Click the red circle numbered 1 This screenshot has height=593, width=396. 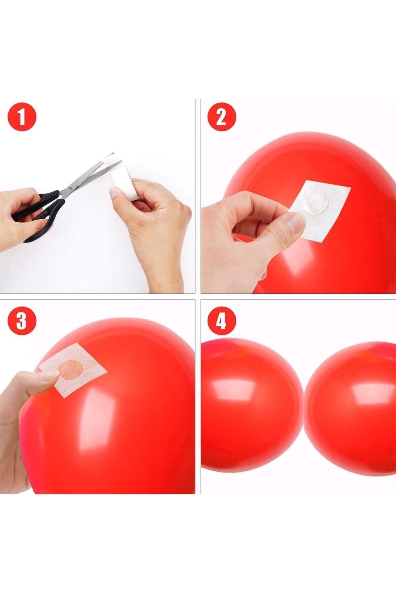coord(22,118)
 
